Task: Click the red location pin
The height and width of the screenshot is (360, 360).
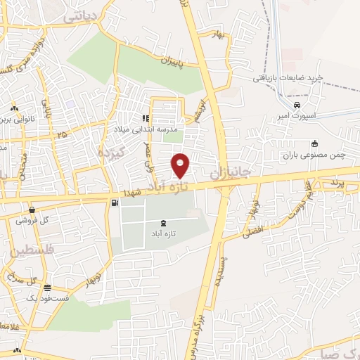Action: click(x=181, y=165)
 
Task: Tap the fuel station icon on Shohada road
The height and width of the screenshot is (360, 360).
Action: click(x=115, y=202)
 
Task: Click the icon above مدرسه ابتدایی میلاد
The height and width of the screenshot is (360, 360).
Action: click(x=146, y=119)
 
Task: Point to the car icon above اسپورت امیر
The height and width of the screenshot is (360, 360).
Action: click(x=306, y=105)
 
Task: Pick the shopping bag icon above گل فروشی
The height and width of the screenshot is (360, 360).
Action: click(x=31, y=209)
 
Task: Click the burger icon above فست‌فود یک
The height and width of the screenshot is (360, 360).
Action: click(x=47, y=287)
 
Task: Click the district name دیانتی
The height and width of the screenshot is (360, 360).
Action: click(x=82, y=16)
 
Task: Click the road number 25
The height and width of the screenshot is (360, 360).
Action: click(x=62, y=134)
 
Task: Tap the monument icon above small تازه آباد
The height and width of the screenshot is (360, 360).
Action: click(x=163, y=223)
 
